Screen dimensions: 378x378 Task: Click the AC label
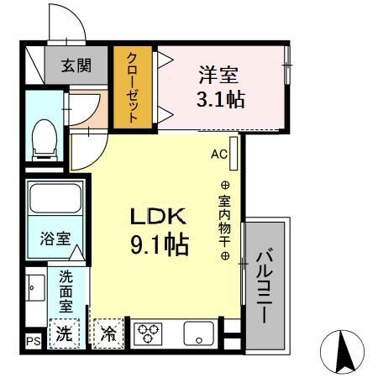point(219,155)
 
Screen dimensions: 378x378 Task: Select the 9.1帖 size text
point(158,245)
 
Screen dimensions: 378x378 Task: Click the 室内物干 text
point(225,221)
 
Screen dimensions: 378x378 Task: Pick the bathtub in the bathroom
point(54,200)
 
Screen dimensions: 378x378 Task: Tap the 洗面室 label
point(66,291)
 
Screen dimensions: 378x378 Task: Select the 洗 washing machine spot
point(65,333)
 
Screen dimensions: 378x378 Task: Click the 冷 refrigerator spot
point(108,333)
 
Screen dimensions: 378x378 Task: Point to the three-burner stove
point(148,333)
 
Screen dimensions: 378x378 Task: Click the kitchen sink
point(199,333)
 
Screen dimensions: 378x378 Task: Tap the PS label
point(34,341)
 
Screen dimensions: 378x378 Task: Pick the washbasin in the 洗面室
point(34,289)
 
